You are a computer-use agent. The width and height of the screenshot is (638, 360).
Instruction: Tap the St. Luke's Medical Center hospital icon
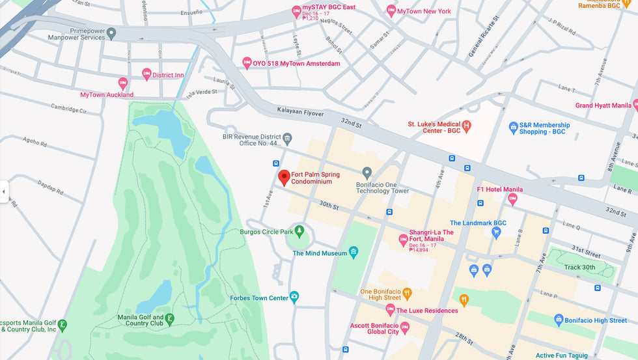[x=466, y=125]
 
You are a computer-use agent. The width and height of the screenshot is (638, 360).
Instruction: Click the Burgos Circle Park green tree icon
[x=299, y=230]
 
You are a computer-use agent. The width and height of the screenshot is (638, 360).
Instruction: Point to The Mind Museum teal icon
[x=354, y=253]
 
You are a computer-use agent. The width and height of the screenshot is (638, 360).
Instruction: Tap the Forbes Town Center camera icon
[x=294, y=297]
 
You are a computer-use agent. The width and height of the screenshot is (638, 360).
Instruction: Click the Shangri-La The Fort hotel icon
[x=403, y=240]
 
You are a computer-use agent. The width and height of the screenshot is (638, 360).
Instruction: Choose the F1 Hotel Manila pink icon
[x=512, y=200]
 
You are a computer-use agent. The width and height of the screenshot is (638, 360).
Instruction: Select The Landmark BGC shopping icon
[x=496, y=233]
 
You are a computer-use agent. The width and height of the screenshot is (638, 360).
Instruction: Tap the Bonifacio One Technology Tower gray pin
[x=367, y=173]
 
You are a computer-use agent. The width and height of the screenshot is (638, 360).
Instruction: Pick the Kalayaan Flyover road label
[x=300, y=113]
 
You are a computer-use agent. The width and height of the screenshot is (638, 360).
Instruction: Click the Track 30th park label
[x=579, y=267]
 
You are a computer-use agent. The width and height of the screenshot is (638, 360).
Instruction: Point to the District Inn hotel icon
[x=146, y=74]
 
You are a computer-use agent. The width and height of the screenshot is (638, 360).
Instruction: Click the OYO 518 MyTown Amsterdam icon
[x=247, y=63]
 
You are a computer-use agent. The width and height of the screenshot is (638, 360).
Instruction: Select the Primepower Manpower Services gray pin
[x=111, y=33]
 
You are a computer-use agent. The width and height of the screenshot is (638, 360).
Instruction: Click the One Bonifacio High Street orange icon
[x=407, y=292]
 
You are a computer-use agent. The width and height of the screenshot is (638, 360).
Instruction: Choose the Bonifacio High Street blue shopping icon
[x=558, y=320]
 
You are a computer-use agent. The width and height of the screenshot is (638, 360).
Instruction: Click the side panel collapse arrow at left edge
[x=4, y=191]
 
